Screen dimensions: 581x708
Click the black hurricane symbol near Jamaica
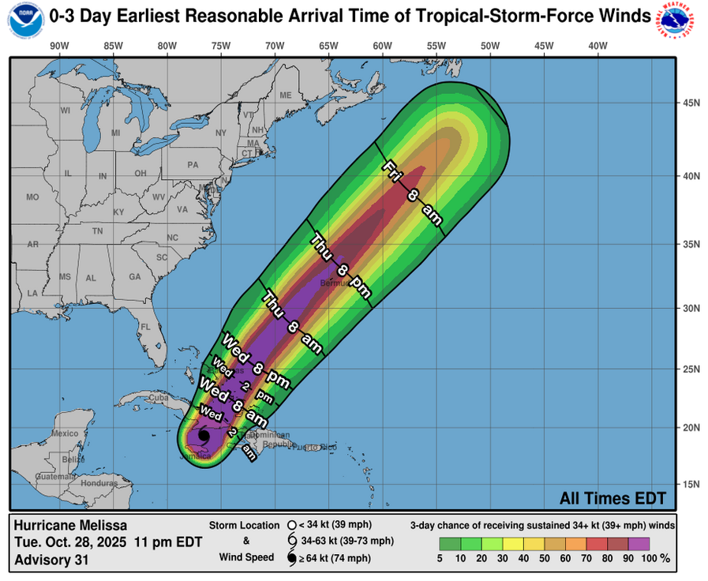pos(204,435)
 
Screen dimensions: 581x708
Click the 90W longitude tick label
pos(59,45)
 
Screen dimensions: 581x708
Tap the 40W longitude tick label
pos(597,45)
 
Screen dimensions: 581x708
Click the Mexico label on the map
pos(65,433)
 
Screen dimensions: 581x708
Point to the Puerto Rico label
pos(319,448)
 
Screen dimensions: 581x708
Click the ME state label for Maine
pos(286,96)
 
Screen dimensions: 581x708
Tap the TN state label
pos(98,231)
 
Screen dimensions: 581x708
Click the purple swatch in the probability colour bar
pos(639,543)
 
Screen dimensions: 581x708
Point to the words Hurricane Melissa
pos(70,525)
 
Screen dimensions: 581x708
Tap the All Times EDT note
pos(612,498)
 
